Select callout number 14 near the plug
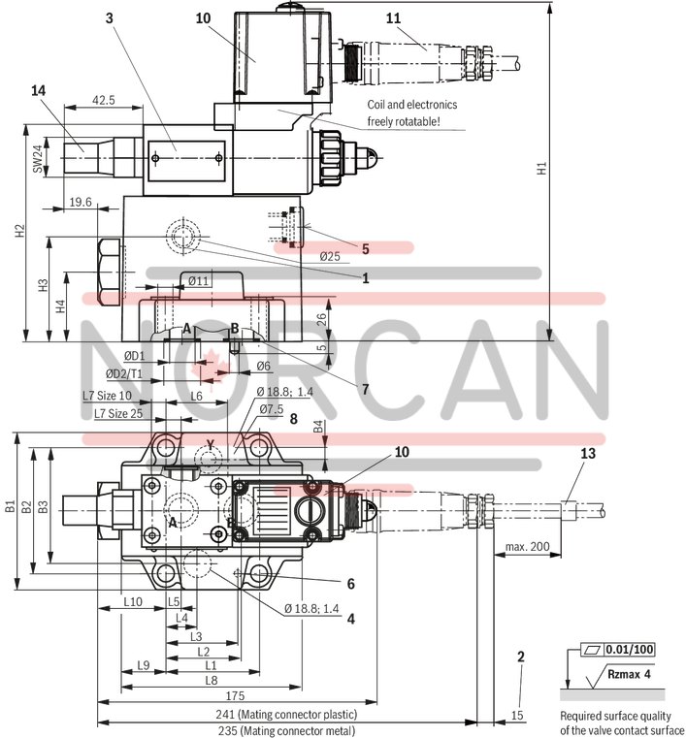tap(38, 90)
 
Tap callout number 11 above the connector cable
tap(392, 18)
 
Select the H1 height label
tap(542, 169)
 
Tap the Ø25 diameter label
tap(330, 256)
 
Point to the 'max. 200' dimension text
tap(527, 547)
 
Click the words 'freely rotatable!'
tap(404, 121)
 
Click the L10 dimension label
tap(134, 602)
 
